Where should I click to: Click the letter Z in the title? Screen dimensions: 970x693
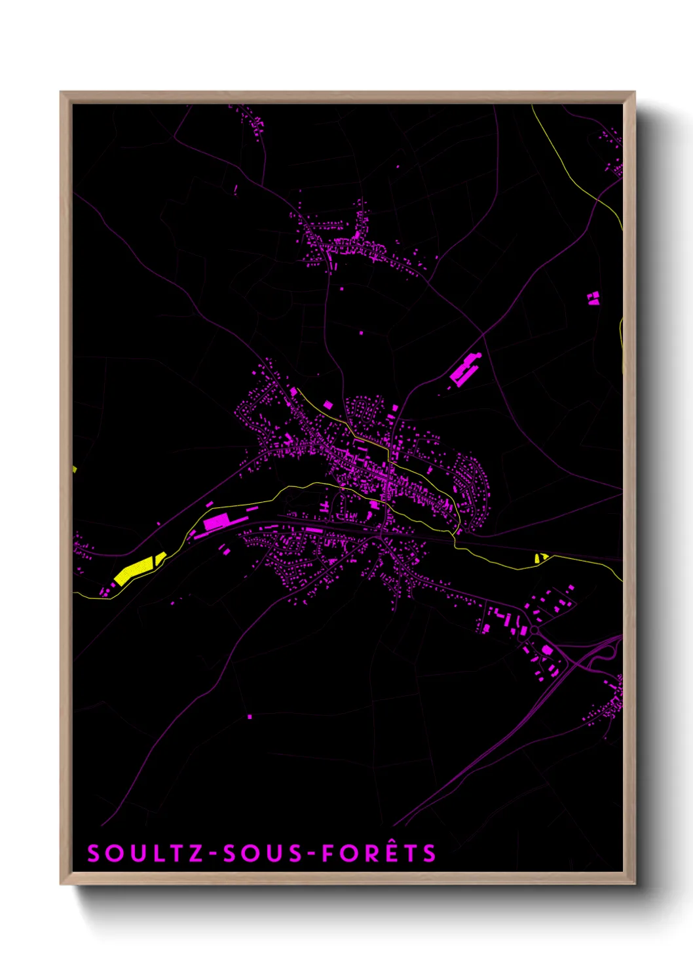195,853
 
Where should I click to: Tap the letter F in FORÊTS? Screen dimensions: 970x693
328,853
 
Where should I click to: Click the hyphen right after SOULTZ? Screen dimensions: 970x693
212,854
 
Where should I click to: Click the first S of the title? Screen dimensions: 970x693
94,853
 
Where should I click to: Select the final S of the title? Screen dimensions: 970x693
429,853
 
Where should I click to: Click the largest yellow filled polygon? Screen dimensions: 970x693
134,570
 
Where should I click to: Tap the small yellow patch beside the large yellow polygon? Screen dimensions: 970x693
160,558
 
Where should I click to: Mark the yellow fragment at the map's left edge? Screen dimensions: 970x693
75,469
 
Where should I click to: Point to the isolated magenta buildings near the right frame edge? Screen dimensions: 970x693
593,299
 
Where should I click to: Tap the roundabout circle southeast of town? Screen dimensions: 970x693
534,630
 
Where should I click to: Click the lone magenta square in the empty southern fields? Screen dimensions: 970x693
250,716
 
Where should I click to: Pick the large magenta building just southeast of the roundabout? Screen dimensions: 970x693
547,650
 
